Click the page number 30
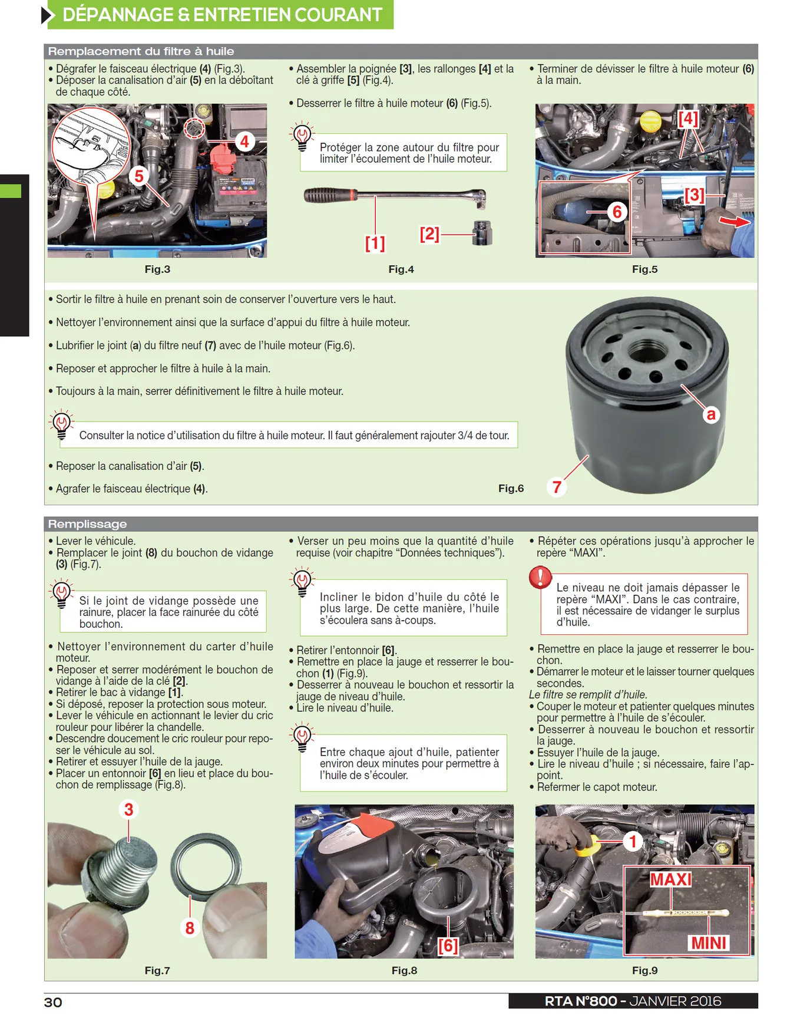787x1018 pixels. click(x=53, y=1002)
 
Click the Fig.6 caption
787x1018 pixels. click(x=511, y=488)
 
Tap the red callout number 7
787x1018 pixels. click(x=557, y=487)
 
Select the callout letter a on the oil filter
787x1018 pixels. click(x=711, y=414)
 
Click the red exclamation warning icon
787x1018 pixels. click(x=540, y=577)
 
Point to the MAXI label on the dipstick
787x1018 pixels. click(x=671, y=879)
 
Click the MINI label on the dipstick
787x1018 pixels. click(x=709, y=943)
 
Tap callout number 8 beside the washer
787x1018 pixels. click(x=190, y=928)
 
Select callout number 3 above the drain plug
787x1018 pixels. click(x=128, y=809)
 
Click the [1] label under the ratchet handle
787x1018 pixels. click(x=375, y=243)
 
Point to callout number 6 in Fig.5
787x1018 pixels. click(x=617, y=212)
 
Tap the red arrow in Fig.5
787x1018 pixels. click(x=735, y=222)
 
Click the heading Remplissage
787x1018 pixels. click(x=87, y=524)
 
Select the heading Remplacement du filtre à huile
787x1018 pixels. click(x=141, y=51)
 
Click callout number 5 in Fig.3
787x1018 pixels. click(x=139, y=176)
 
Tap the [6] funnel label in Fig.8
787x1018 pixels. click(x=448, y=945)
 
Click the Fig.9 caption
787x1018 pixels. click(x=644, y=970)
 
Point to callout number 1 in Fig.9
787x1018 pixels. click(x=633, y=841)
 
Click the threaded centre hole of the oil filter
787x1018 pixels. click(x=647, y=351)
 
